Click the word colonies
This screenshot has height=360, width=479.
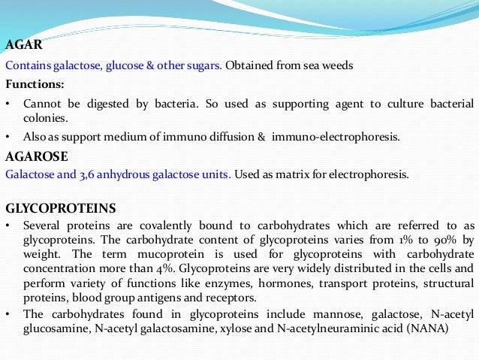46,119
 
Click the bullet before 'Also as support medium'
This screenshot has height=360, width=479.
8,138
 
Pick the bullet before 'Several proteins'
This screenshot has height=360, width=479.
8,225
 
